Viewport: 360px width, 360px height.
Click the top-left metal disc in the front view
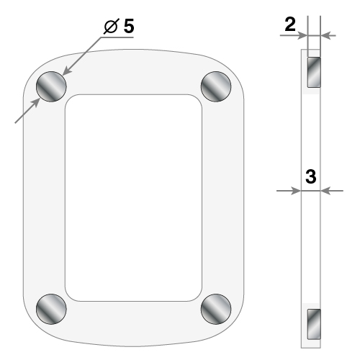51,86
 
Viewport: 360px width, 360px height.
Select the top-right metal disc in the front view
216,86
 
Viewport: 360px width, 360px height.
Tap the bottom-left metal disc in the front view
51,309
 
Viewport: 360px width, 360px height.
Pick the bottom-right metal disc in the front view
216,309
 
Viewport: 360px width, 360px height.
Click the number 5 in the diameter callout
129,26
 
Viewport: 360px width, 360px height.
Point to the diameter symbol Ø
111,27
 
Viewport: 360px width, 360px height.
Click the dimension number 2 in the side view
290,24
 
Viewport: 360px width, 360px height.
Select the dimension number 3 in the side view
311,176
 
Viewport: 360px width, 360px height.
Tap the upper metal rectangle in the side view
314,72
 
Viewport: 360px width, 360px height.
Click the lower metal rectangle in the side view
314,324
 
